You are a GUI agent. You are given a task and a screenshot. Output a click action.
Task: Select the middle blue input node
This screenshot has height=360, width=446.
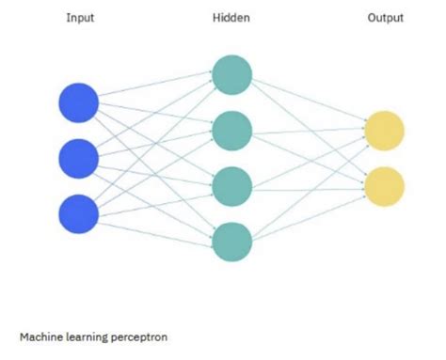79,159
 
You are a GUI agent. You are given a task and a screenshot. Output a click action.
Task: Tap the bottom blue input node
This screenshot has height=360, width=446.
79,214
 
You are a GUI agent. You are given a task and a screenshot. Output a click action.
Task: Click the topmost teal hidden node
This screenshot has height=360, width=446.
231,74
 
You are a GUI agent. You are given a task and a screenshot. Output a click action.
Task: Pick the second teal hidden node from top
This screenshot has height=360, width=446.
231,131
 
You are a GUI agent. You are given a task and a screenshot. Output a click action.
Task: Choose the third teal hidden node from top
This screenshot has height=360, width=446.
231,187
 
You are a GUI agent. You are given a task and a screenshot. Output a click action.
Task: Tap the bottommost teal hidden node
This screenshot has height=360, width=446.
231,243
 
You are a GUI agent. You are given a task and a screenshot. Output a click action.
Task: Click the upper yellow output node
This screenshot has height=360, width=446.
384,131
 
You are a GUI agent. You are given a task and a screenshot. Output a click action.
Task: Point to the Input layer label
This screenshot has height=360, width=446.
80,17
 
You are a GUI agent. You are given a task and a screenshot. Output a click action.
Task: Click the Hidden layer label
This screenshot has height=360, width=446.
231,17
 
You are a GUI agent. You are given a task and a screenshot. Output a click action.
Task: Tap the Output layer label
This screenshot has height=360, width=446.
385,17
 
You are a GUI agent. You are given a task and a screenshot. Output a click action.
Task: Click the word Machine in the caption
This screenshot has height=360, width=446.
40,334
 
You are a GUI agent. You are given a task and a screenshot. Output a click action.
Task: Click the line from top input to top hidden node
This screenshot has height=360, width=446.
155,88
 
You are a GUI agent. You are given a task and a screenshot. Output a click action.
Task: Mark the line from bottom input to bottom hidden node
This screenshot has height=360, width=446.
155,228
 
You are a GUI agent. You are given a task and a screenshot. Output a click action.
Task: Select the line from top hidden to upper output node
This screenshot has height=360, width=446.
308,102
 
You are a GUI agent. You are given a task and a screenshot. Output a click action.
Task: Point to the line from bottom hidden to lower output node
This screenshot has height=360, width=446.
308,215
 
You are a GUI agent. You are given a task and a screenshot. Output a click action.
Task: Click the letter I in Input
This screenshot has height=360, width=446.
68,17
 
